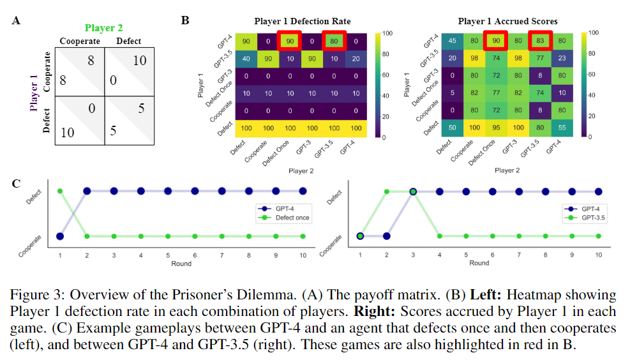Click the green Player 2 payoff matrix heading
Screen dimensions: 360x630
(103, 28)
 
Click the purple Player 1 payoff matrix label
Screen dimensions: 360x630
(34, 93)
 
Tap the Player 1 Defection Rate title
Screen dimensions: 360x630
(302, 21)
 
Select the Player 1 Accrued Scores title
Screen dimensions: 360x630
(507, 21)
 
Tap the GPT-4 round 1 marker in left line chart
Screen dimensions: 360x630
(60, 236)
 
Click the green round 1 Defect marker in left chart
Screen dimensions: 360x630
(60, 191)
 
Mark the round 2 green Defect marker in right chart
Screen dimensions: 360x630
(386, 191)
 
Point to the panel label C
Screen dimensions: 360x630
(17, 184)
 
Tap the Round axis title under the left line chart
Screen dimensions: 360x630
(181, 262)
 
